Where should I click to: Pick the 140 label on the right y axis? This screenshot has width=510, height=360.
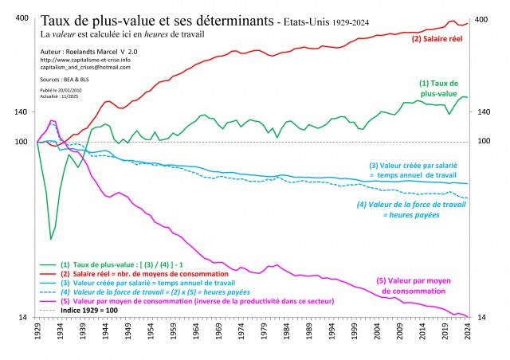coord(483,112)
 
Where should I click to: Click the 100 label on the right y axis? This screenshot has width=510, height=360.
coord(483,142)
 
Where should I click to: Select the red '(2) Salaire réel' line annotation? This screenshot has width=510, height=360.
coord(438,38)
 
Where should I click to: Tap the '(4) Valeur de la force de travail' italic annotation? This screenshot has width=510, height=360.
coord(411,209)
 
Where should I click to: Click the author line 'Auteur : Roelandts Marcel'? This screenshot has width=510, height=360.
coord(84,51)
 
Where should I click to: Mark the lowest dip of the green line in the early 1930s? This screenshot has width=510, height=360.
coord(51,238)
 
